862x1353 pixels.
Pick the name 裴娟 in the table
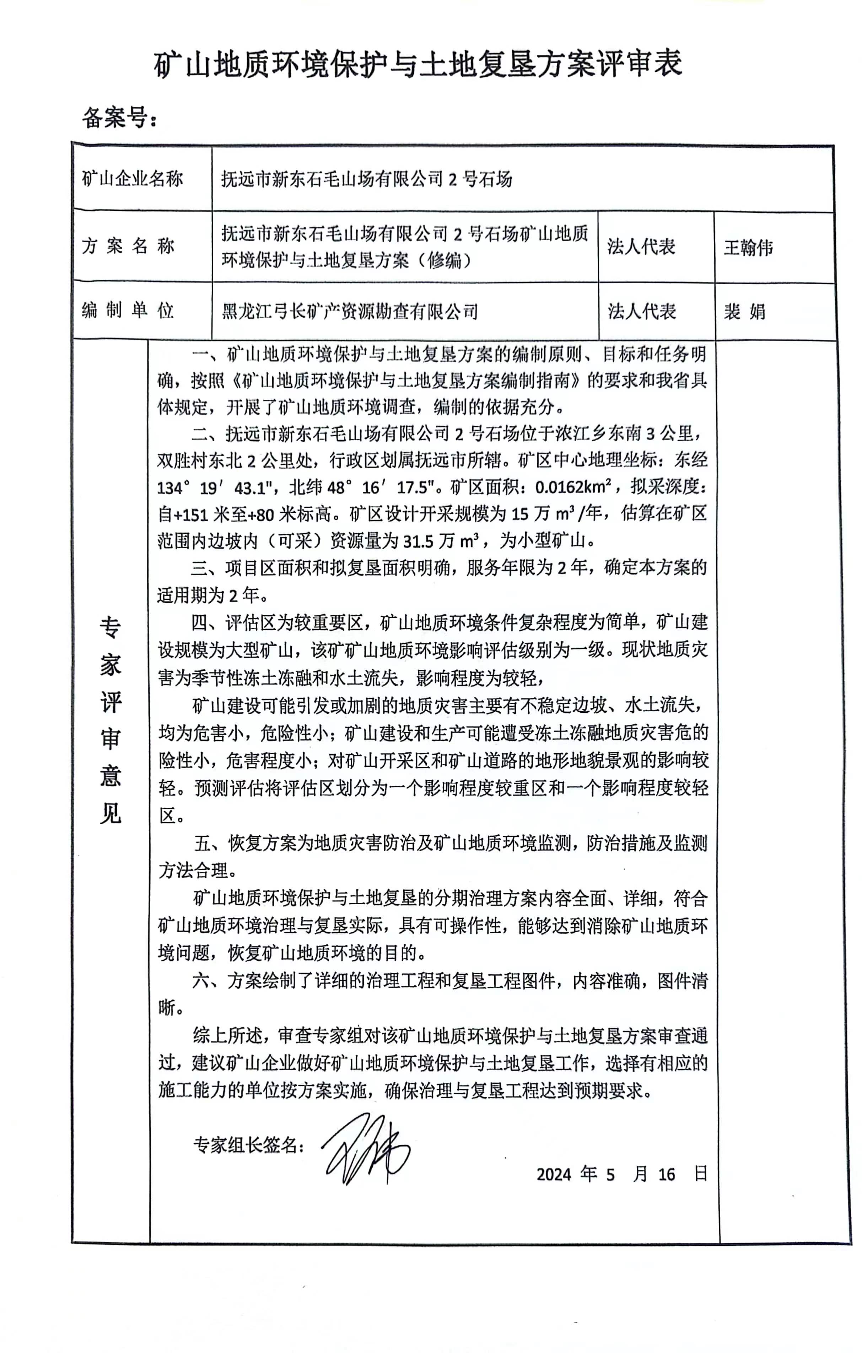coord(744,311)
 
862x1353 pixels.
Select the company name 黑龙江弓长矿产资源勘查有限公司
coord(350,311)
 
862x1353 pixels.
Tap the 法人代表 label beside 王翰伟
coord(641,246)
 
